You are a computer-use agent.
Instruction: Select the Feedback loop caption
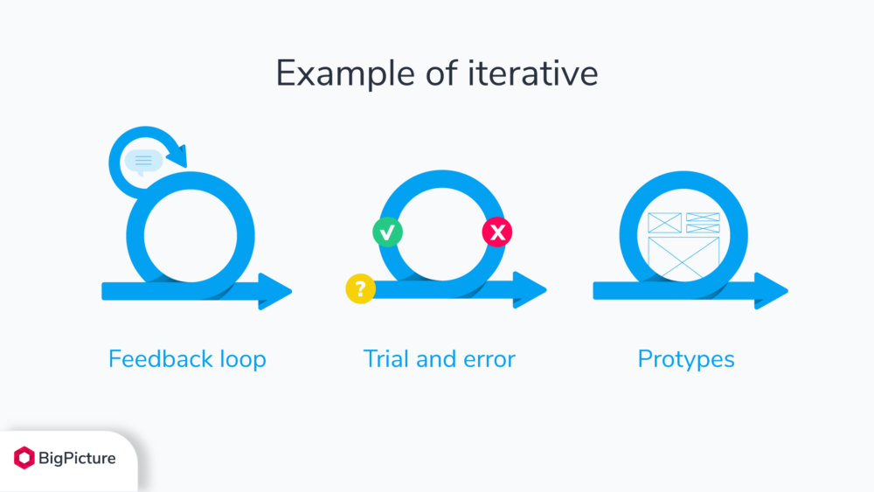coord(187,359)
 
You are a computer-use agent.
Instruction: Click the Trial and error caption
coord(439,359)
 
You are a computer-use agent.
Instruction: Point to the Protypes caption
coord(686,359)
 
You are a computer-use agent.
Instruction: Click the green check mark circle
coord(387,232)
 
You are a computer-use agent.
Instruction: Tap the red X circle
coord(497,232)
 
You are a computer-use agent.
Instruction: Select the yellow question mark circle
coord(360,288)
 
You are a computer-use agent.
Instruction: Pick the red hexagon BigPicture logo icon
coord(24,458)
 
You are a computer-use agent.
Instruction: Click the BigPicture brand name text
coord(77,458)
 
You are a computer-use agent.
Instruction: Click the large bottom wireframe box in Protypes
coord(683,258)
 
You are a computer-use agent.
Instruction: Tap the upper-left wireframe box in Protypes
coord(664,223)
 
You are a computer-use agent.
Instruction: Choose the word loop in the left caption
coord(241,359)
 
